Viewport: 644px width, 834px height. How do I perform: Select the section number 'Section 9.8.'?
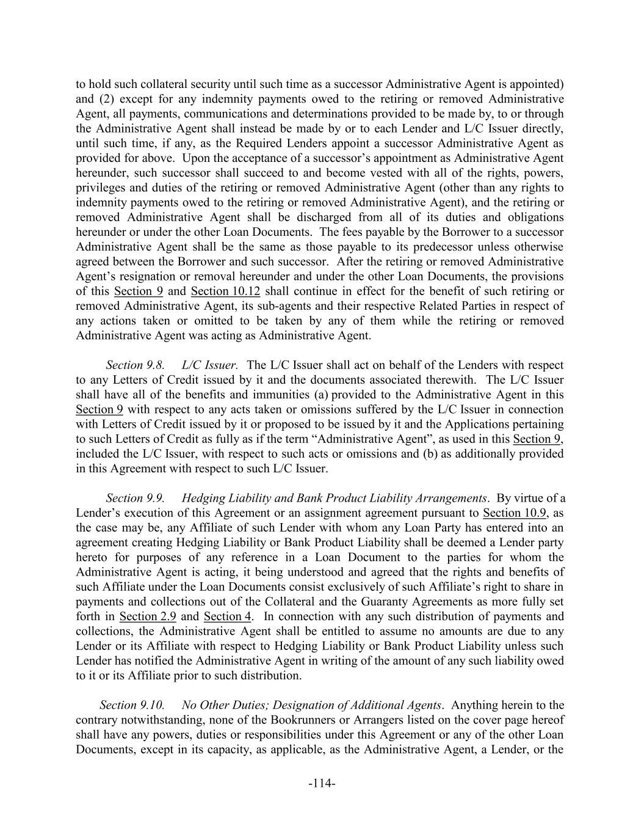(x=135, y=365)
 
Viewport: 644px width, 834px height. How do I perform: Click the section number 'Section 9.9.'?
(x=135, y=498)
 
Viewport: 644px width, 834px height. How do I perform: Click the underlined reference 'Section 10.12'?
(x=225, y=291)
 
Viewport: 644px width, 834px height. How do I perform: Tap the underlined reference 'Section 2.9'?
(x=148, y=616)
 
